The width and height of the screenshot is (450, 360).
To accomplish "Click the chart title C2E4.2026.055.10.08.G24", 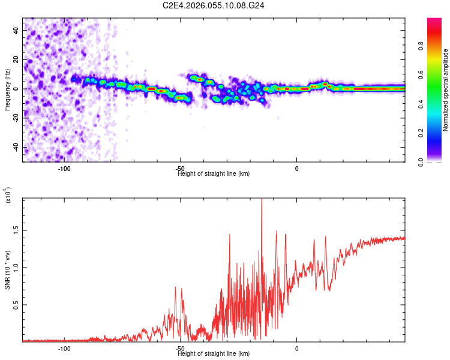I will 214,6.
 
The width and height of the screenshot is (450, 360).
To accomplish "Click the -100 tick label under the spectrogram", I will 64,169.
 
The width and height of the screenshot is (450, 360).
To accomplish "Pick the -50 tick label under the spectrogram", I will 180,169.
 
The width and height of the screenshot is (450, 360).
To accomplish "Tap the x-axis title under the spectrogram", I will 214,174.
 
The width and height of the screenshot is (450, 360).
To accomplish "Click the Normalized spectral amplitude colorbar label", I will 446,90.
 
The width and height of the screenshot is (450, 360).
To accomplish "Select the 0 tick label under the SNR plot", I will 296,349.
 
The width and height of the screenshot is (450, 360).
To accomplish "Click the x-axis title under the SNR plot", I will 214,354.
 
